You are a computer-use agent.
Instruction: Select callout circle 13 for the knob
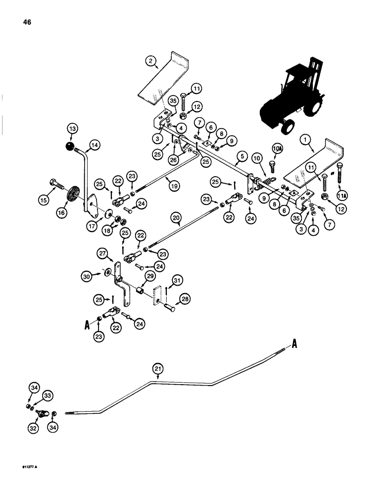pos(73,130)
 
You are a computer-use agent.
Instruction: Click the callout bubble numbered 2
pos(151,63)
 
